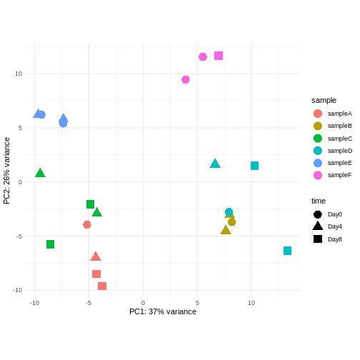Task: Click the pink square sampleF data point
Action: click(x=219, y=56)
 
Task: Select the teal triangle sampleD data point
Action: click(x=215, y=164)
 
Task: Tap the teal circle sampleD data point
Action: click(x=229, y=212)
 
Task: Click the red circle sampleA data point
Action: click(x=87, y=224)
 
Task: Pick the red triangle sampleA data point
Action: click(x=96, y=256)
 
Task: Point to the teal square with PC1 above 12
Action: click(x=287, y=251)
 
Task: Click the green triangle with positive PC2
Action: click(x=41, y=173)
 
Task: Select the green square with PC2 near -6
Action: click(x=51, y=244)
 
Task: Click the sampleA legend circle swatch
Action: click(x=318, y=114)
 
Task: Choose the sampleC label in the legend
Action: click(x=339, y=138)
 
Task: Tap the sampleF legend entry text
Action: click(x=339, y=175)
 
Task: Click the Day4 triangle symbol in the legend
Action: click(x=318, y=226)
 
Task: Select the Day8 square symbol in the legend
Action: click(x=318, y=239)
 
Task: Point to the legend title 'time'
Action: click(x=319, y=201)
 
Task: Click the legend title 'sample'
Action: click(x=324, y=100)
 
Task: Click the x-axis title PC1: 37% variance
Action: click(x=163, y=311)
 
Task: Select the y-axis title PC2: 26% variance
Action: click(x=7, y=171)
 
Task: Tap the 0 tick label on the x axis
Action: click(x=143, y=303)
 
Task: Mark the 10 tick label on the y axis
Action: click(x=18, y=74)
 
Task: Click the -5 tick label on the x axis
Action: click(x=88, y=303)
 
